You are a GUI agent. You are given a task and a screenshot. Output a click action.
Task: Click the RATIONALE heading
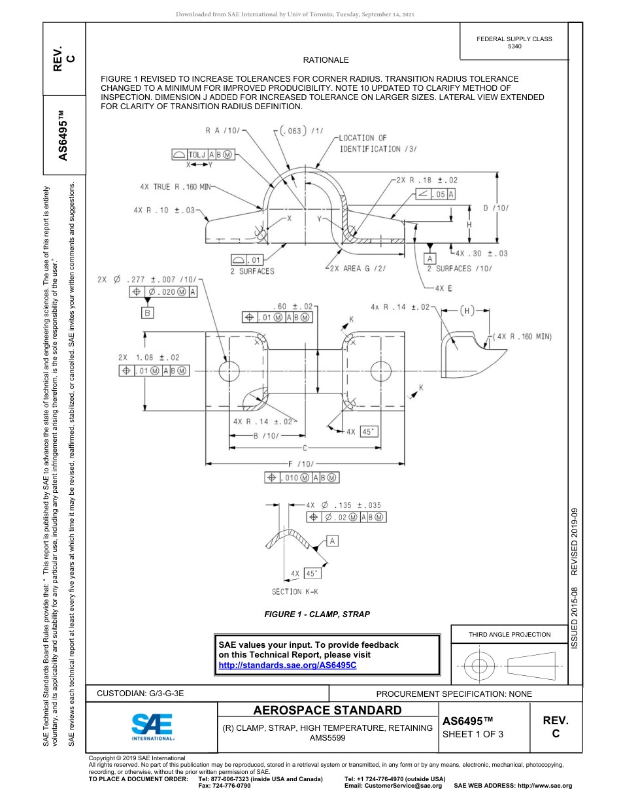(x=326, y=60)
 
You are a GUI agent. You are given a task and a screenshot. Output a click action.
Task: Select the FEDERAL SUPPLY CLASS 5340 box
(x=514, y=42)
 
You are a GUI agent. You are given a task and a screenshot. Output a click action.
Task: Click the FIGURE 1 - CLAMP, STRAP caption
(x=317, y=614)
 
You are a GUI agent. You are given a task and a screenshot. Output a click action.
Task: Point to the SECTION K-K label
(x=295, y=592)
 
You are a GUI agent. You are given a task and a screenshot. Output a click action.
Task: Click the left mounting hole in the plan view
(x=229, y=372)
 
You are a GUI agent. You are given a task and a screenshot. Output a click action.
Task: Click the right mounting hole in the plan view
(x=381, y=372)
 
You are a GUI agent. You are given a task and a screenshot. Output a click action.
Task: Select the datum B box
(x=148, y=313)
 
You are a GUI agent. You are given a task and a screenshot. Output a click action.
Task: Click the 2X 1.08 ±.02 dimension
(x=148, y=358)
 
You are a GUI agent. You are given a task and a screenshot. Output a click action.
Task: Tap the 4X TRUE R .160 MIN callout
(x=177, y=187)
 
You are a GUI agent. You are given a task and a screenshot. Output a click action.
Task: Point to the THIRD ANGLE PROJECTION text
(x=509, y=634)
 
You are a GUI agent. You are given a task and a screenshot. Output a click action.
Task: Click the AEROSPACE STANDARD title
(x=327, y=711)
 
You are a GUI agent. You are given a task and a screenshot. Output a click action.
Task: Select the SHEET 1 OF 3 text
(x=473, y=733)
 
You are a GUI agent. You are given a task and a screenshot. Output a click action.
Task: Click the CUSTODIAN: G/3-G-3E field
(x=144, y=694)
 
